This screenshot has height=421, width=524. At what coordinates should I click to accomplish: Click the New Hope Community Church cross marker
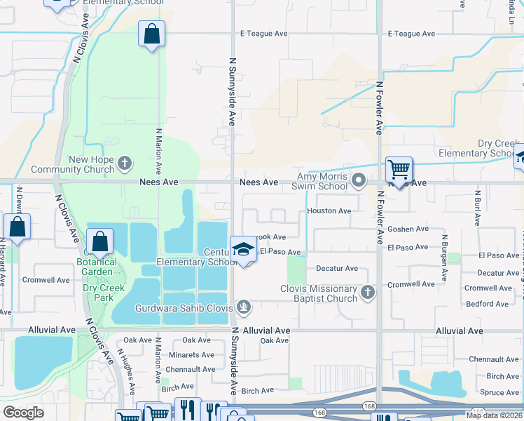(x=125, y=164)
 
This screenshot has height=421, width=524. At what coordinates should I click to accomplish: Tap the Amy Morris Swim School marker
(x=359, y=181)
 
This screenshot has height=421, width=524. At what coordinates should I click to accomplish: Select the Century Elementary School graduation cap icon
(x=243, y=250)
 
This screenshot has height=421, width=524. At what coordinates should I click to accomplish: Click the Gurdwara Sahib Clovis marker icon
(x=243, y=306)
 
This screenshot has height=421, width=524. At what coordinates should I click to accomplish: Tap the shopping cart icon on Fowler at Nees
(x=399, y=169)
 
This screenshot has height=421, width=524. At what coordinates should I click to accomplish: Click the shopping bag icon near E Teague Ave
(x=151, y=34)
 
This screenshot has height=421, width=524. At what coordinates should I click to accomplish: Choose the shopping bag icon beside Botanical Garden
(x=99, y=242)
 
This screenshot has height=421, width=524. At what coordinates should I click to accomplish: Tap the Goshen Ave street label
(x=408, y=229)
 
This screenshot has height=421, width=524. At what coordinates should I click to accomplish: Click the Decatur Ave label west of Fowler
(x=337, y=268)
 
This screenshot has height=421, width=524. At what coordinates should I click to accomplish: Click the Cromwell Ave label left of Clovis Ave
(x=47, y=279)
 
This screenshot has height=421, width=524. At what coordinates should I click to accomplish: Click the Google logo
(x=23, y=413)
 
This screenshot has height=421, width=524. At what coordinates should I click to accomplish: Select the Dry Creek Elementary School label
(x=478, y=148)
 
